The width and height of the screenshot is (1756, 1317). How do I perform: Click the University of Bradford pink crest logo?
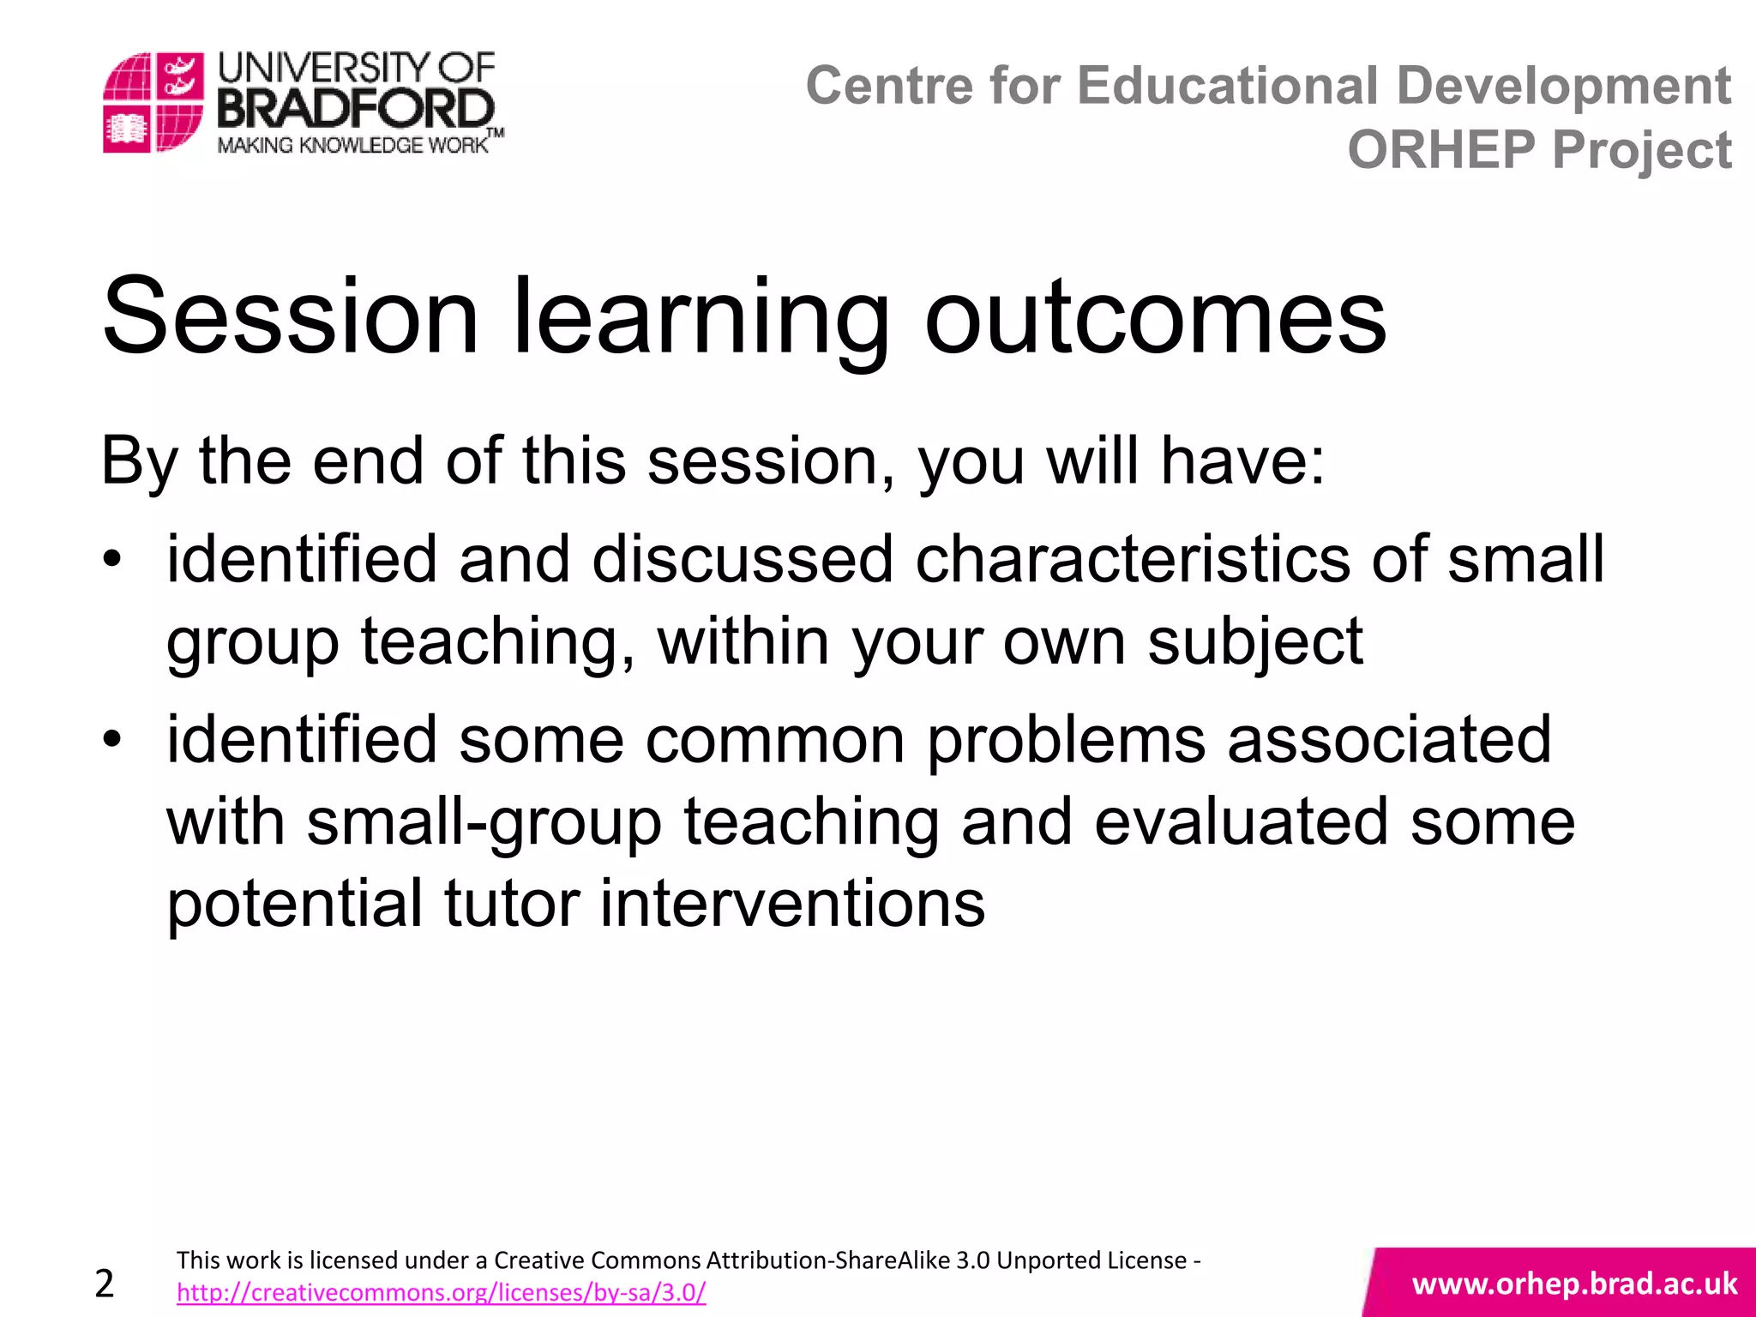coord(153,102)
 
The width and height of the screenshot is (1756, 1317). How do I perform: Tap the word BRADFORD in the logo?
coord(355,110)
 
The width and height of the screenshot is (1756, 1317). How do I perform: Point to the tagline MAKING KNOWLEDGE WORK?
coord(352,145)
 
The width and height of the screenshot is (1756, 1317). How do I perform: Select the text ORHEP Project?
coord(1538,150)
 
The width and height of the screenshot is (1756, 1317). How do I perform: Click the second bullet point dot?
coord(112,739)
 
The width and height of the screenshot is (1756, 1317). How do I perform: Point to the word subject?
coord(1254,641)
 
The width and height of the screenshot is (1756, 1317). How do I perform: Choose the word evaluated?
coord(1241,821)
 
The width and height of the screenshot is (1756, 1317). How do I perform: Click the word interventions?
coord(792,904)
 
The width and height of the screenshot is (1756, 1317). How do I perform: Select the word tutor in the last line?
coord(511,904)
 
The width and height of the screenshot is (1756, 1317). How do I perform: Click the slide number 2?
coord(105,1284)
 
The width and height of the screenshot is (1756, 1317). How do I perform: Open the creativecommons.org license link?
coord(441,1292)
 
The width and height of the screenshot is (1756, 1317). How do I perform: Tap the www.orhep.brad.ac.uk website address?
coord(1574,1284)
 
